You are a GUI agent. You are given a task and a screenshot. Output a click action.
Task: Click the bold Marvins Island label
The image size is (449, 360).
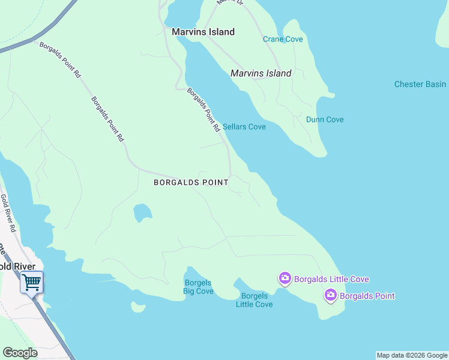tap(203, 32)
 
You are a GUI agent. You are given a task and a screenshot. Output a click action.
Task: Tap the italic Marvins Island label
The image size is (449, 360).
tap(261, 73)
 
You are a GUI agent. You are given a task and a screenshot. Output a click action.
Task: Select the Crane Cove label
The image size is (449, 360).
tap(283, 39)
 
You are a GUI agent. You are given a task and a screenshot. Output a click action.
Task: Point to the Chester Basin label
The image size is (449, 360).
tap(420, 84)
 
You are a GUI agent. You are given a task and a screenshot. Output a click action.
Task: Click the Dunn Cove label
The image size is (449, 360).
tap(325, 119)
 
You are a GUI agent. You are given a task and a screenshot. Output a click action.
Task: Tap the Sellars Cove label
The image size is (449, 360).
tap(244, 127)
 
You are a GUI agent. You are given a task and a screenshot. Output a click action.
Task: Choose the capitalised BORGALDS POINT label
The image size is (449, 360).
tap(191, 182)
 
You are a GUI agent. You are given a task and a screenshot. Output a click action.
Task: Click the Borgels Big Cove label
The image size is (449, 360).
tap(199, 287)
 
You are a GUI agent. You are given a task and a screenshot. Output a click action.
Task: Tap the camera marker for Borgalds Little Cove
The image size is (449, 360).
tap(285, 278)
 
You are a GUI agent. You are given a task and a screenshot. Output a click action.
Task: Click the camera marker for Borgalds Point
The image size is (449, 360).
tap(330, 295)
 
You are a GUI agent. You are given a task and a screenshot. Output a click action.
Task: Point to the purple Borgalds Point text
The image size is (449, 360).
tap(367, 295)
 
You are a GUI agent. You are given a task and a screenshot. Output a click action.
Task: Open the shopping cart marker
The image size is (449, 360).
tap(31, 281)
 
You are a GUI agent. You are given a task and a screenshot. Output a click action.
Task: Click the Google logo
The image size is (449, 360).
tap(20, 353)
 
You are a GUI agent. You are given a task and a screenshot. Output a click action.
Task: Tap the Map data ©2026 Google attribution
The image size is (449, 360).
tap(412, 355)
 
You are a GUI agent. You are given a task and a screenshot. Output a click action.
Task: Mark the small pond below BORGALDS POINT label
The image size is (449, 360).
tap(142, 212)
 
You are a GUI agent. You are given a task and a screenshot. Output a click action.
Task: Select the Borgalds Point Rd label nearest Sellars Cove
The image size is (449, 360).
tap(203, 110)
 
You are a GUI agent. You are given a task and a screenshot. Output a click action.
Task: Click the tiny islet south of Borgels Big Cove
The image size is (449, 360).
tap(138, 307)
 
